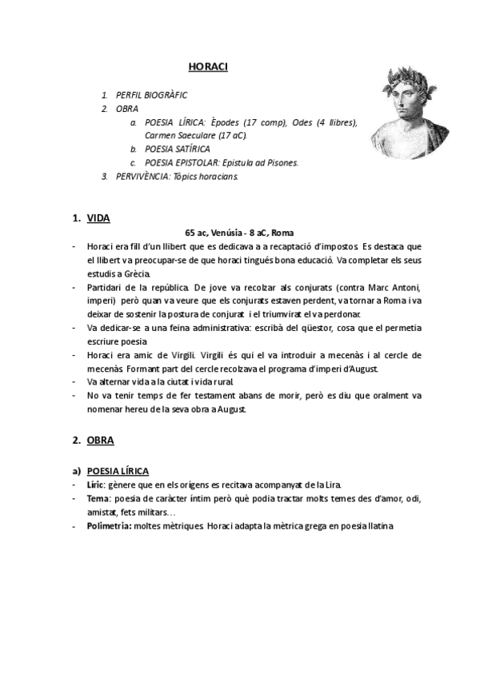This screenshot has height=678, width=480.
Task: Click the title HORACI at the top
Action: [208, 66]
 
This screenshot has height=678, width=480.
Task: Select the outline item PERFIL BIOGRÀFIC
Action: [151, 94]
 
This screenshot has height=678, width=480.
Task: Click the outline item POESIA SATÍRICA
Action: [178, 149]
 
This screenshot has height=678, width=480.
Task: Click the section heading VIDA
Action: [98, 218]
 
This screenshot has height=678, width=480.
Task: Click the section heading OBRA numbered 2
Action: [101, 440]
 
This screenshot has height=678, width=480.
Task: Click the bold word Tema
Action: [99, 498]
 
